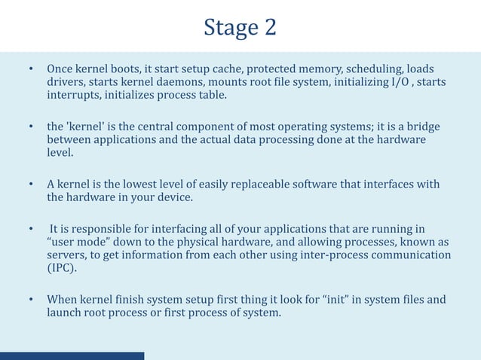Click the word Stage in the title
coord(231,27)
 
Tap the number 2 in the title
coord(269,27)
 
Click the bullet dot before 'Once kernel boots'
coord(31,69)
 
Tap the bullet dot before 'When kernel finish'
coord(31,300)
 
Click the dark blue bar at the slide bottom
coord(72,355)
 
